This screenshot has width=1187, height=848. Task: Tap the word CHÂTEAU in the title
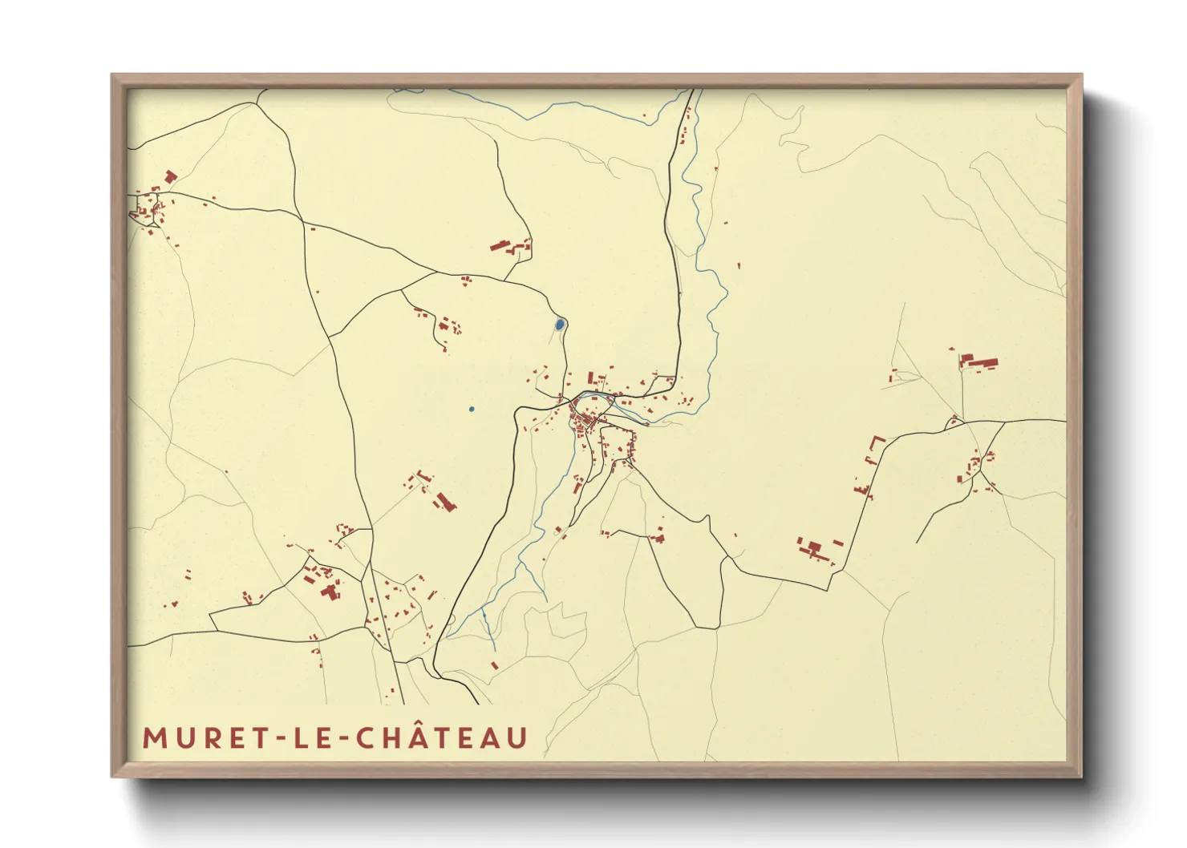441,738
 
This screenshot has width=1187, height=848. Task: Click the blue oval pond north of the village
559,325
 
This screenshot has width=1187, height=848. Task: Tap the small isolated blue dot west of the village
472,410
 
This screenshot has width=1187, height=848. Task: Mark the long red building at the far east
979,362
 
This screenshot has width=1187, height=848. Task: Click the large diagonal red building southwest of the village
444,503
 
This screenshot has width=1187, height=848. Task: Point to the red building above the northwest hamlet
170,176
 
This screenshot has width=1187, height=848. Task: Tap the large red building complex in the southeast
814,550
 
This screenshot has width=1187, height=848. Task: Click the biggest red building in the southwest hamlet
329,592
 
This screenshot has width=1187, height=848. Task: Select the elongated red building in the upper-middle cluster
500,245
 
